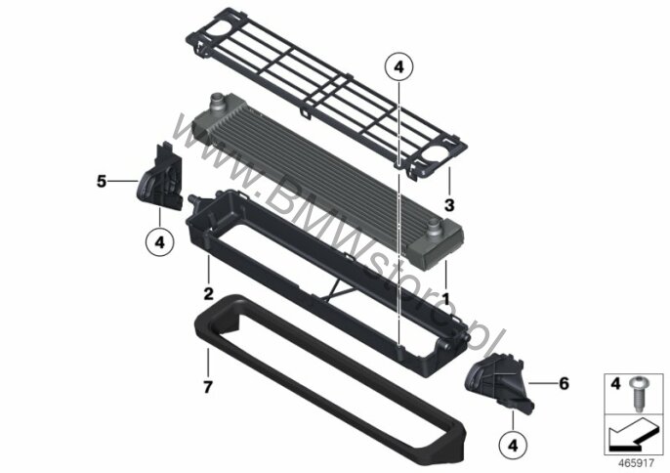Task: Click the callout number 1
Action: pyautogui.click(x=446, y=299)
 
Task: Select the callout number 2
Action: pyautogui.click(x=208, y=294)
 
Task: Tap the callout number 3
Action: pyautogui.click(x=449, y=205)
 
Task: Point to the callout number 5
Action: pyautogui.click(x=102, y=182)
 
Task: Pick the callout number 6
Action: pyautogui.click(x=565, y=384)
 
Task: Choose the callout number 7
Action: pyautogui.click(x=208, y=387)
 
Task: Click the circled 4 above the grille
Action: pyautogui.click(x=399, y=67)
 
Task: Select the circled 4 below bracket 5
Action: pyautogui.click(x=160, y=242)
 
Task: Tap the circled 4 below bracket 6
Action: pyautogui.click(x=513, y=446)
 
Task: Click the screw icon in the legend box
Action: pyautogui.click(x=639, y=394)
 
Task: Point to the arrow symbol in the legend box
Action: pyautogui.click(x=632, y=435)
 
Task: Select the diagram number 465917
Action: pyautogui.click(x=636, y=462)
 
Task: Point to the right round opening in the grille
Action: pyautogui.click(x=435, y=153)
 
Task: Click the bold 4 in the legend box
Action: pyautogui.click(x=615, y=384)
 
